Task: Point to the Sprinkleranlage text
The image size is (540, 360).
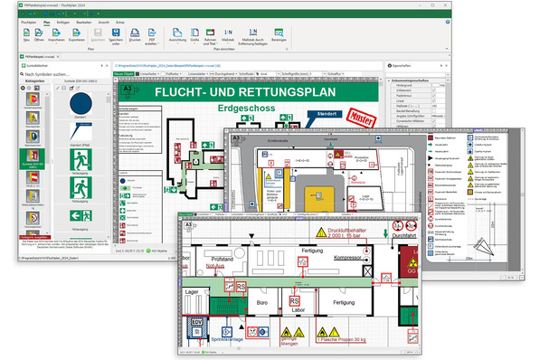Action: click(x=234, y=341)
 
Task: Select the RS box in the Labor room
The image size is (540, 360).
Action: click(x=294, y=301)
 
